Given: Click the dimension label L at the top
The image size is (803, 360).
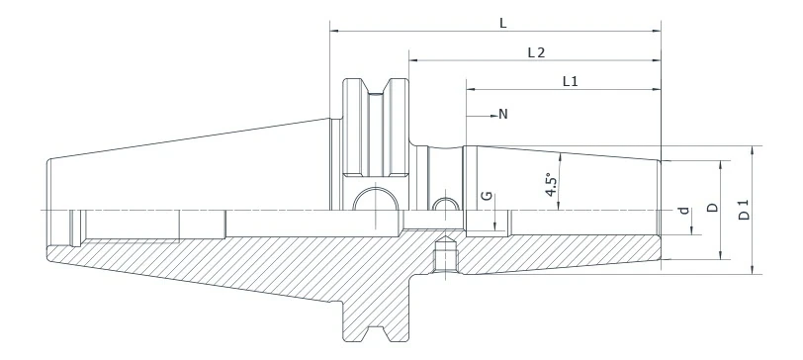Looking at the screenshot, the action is click(x=502, y=21).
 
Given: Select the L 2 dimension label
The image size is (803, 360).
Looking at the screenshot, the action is click(x=537, y=50).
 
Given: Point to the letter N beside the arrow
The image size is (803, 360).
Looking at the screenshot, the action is click(x=503, y=115).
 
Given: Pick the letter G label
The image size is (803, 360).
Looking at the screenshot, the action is click(x=487, y=196).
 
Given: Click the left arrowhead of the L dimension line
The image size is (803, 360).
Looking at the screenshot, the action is click(x=334, y=31).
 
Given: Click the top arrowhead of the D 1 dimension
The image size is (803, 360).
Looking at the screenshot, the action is click(x=754, y=151).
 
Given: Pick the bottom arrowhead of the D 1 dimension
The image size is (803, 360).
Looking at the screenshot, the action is click(x=754, y=268).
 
